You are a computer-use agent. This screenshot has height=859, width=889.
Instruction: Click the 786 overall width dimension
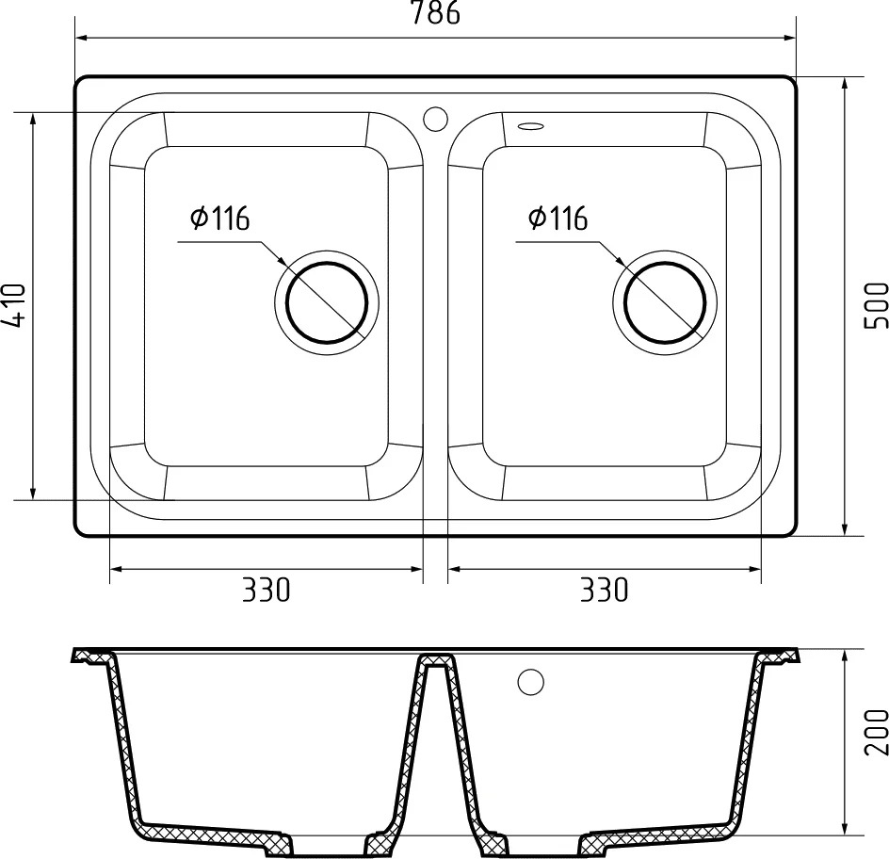click(435, 12)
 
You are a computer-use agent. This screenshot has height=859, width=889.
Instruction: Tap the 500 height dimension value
click(876, 305)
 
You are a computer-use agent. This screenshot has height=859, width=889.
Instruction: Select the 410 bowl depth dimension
click(13, 306)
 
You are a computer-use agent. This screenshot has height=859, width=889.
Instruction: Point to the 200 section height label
click(876, 732)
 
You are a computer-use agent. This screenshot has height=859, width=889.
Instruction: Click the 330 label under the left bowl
click(267, 590)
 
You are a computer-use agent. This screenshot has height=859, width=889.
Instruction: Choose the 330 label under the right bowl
click(605, 590)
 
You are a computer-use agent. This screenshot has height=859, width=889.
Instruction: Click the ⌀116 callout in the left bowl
click(220, 219)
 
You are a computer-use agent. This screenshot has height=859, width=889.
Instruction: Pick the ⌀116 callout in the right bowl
click(558, 219)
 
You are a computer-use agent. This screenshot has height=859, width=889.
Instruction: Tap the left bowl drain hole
click(327, 302)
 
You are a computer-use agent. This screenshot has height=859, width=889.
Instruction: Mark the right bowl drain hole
click(665, 302)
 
